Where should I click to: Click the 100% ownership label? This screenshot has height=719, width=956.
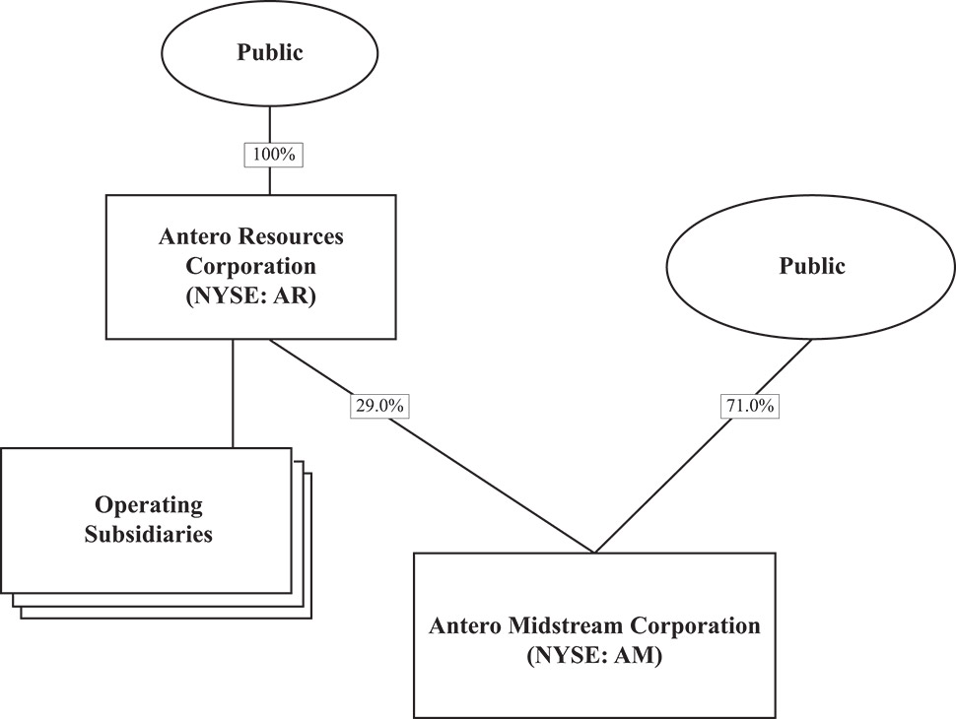point(270,155)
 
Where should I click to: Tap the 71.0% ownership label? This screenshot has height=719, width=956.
point(749,406)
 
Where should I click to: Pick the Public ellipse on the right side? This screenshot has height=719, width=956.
point(811,266)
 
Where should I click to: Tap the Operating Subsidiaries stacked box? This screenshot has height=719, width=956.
point(148,521)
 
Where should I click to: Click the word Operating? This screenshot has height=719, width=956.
point(148,506)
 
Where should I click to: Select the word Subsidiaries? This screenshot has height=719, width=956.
point(148,536)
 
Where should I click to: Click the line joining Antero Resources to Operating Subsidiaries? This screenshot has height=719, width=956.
point(233,394)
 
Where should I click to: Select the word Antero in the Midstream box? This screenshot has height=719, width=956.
point(466,625)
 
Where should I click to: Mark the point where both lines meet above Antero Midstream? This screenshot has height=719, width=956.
point(594,552)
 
